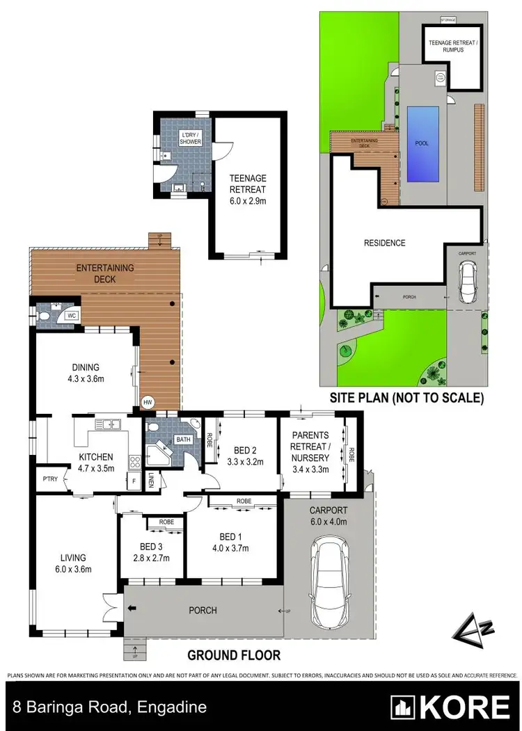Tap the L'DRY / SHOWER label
tap(190, 137)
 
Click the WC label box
tap(70, 316)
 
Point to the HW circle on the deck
tap(147, 402)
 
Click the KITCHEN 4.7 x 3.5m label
tap(95, 462)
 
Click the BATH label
tap(183, 440)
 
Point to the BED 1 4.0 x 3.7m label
tap(232, 542)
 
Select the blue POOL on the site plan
tap(422, 143)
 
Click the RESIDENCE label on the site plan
tap(385, 243)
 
